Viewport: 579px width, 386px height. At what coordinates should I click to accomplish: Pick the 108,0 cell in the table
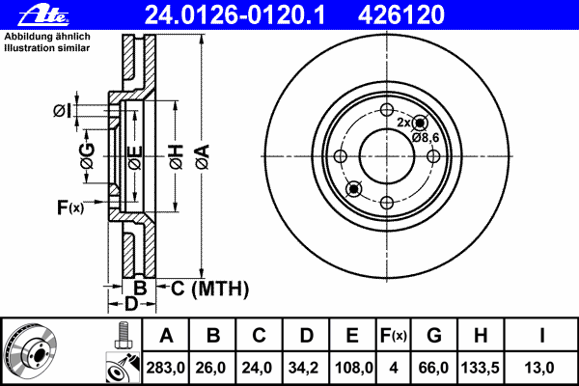click(x=353, y=367)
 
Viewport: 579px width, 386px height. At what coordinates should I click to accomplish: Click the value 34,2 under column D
click(x=306, y=367)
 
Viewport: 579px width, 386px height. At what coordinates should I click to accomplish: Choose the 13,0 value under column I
click(x=544, y=367)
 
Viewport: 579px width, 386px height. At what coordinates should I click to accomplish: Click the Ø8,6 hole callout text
click(x=426, y=138)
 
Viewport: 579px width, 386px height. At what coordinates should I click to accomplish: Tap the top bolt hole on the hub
click(x=386, y=109)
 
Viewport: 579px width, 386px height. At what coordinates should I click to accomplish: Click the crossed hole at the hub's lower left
click(x=353, y=188)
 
